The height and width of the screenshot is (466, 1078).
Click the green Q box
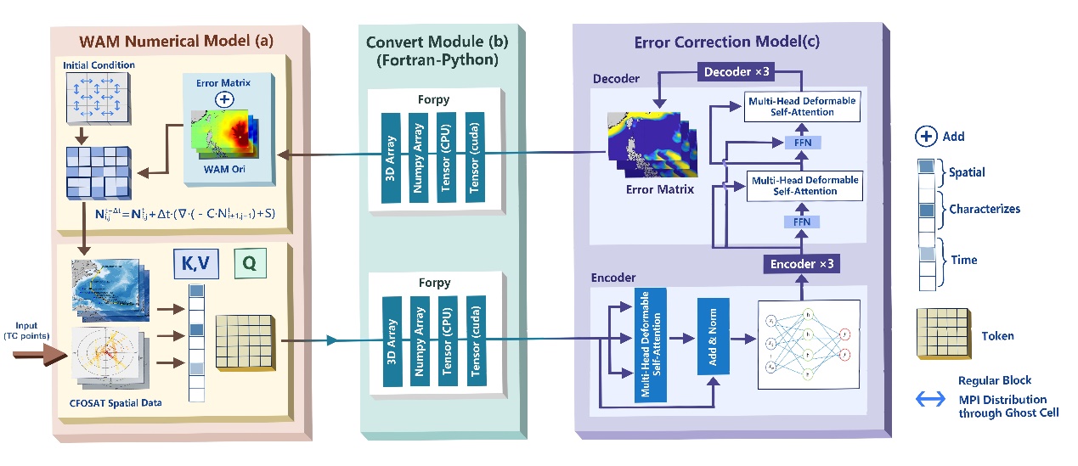tap(249, 264)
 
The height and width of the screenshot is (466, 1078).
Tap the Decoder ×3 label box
tap(737, 72)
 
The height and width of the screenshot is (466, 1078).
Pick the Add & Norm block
tap(713, 337)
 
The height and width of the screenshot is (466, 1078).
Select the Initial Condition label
tap(99, 65)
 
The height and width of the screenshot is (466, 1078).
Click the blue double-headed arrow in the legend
tap(931, 399)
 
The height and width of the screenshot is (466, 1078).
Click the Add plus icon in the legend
tap(926, 136)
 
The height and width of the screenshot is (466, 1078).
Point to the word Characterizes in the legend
tap(985, 209)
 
